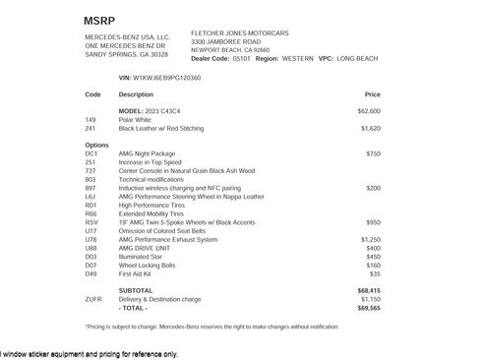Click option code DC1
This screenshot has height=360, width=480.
[91, 154]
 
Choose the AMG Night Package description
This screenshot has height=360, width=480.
[147, 154]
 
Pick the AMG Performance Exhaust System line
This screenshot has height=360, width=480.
[167, 239]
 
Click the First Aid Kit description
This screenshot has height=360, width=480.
[139, 273]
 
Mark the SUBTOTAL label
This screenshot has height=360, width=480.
[136, 291]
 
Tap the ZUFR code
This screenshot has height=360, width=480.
[93, 299]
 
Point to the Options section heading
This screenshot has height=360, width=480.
[97, 146]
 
